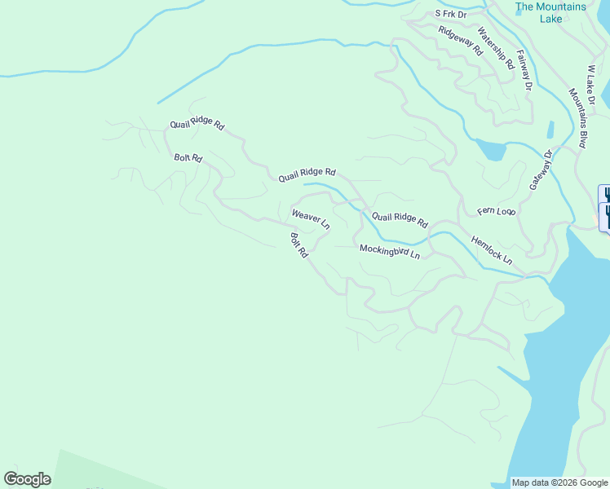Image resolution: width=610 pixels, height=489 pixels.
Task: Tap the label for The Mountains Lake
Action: point(550,12)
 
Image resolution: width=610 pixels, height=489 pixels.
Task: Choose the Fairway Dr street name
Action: point(524,72)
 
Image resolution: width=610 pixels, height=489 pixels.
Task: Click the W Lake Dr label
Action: point(592,84)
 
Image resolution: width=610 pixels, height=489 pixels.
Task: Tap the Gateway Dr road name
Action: point(541,170)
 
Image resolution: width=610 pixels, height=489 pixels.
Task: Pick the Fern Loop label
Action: point(497,211)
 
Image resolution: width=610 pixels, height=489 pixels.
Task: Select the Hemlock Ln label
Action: point(492,250)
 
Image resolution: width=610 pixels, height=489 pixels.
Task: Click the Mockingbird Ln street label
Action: point(390,252)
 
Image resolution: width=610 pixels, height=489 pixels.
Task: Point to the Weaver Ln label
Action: point(311,218)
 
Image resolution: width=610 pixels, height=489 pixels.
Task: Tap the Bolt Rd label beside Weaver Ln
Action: point(299,245)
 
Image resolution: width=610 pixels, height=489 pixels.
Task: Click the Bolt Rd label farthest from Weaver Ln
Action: point(188,157)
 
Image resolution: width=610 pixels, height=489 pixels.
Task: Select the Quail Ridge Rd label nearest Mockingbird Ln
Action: point(400,218)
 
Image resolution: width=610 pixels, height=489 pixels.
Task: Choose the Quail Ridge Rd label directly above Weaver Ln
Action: point(307,174)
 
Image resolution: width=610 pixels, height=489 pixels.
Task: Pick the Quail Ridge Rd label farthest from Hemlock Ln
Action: point(197,125)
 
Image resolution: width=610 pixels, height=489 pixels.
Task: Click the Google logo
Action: point(27,479)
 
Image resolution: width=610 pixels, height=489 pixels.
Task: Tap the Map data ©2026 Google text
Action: point(559,482)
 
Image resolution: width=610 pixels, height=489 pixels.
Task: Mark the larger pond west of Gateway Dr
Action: point(489,150)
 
